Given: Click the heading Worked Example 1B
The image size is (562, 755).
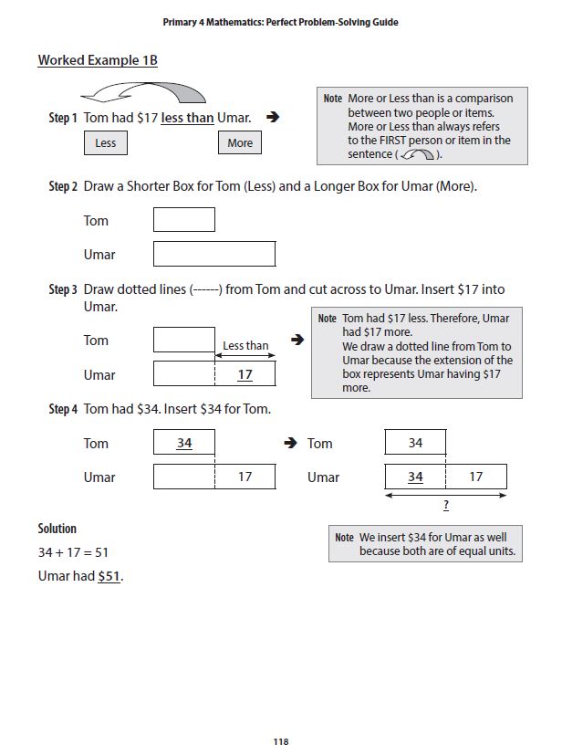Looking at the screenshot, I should tap(98, 60).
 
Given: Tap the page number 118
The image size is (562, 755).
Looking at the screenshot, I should tap(281, 741).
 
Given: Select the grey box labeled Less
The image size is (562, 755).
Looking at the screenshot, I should tap(106, 143).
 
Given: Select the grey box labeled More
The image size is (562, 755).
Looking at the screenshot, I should tap(240, 143).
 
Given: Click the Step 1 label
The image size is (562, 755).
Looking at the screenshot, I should tap(63, 119).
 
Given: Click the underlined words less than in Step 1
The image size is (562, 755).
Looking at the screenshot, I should tap(187, 118).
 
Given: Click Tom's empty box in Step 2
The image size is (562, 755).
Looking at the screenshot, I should tap(184, 220).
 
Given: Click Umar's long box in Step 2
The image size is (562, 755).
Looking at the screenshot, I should tap(214, 254).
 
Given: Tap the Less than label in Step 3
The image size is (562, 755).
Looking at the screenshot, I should tap(245, 345).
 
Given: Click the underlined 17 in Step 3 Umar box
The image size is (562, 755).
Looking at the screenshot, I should tap(245, 374).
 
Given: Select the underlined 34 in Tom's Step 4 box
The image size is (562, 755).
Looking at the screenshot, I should tap(184, 443).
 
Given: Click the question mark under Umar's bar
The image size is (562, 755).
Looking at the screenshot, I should tap(445, 506).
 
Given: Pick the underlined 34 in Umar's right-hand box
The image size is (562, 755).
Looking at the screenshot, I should tap(415, 477).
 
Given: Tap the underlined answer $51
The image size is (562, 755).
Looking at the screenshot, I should tap(109, 576).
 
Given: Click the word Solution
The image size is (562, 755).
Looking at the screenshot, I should tap(57, 529).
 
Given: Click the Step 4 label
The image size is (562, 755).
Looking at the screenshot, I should tap(63, 409).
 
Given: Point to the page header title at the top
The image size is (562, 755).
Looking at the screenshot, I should tap(280, 21).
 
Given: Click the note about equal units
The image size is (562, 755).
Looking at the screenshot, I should tap(425, 544).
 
